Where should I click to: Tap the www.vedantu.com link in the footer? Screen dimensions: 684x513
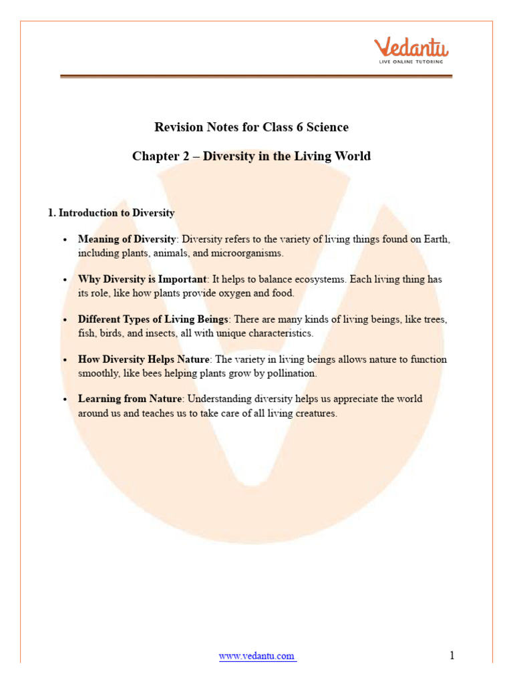click(x=257, y=656)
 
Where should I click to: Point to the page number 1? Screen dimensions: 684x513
click(x=452, y=655)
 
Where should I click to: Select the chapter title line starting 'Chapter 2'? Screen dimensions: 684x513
click(x=251, y=156)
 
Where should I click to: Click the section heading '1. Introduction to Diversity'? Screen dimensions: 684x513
click(x=111, y=213)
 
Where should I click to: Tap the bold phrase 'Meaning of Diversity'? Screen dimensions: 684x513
click(x=128, y=239)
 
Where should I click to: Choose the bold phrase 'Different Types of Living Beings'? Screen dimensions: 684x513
click(x=153, y=319)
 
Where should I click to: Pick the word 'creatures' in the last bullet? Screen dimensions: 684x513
click(x=314, y=413)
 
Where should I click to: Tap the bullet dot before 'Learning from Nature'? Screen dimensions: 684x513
click(x=65, y=399)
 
